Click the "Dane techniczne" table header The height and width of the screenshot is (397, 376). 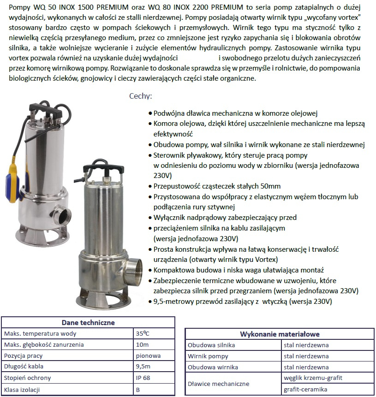pyautogui.click(x=88, y=323)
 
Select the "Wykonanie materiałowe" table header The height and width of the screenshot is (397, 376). pyautogui.click(x=280, y=334)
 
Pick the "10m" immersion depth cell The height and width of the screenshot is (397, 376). pyautogui.click(x=142, y=344)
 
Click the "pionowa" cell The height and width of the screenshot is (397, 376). pyautogui.click(x=148, y=356)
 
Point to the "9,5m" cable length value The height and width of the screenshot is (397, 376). pyautogui.click(x=143, y=367)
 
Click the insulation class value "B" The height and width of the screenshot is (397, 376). pyautogui.click(x=138, y=389)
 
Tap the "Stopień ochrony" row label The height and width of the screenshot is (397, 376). pyautogui.click(x=27, y=378)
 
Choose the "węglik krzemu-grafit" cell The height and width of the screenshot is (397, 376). pyautogui.click(x=313, y=378)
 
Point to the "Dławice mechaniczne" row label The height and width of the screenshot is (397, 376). pyautogui.click(x=219, y=384)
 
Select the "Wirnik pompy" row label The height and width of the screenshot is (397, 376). pyautogui.click(x=208, y=356)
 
